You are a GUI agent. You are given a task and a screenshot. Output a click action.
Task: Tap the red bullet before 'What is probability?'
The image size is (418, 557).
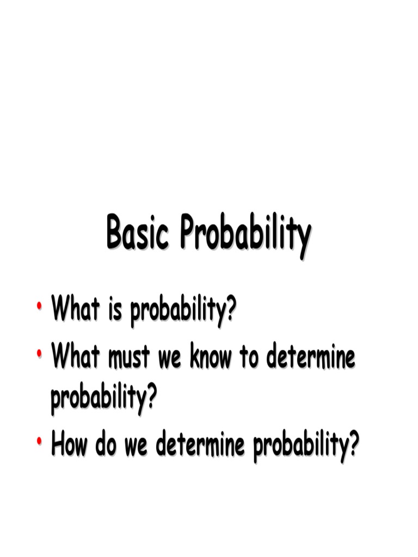tap(40, 308)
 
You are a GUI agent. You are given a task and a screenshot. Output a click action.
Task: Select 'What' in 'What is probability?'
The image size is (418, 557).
tap(75, 311)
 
